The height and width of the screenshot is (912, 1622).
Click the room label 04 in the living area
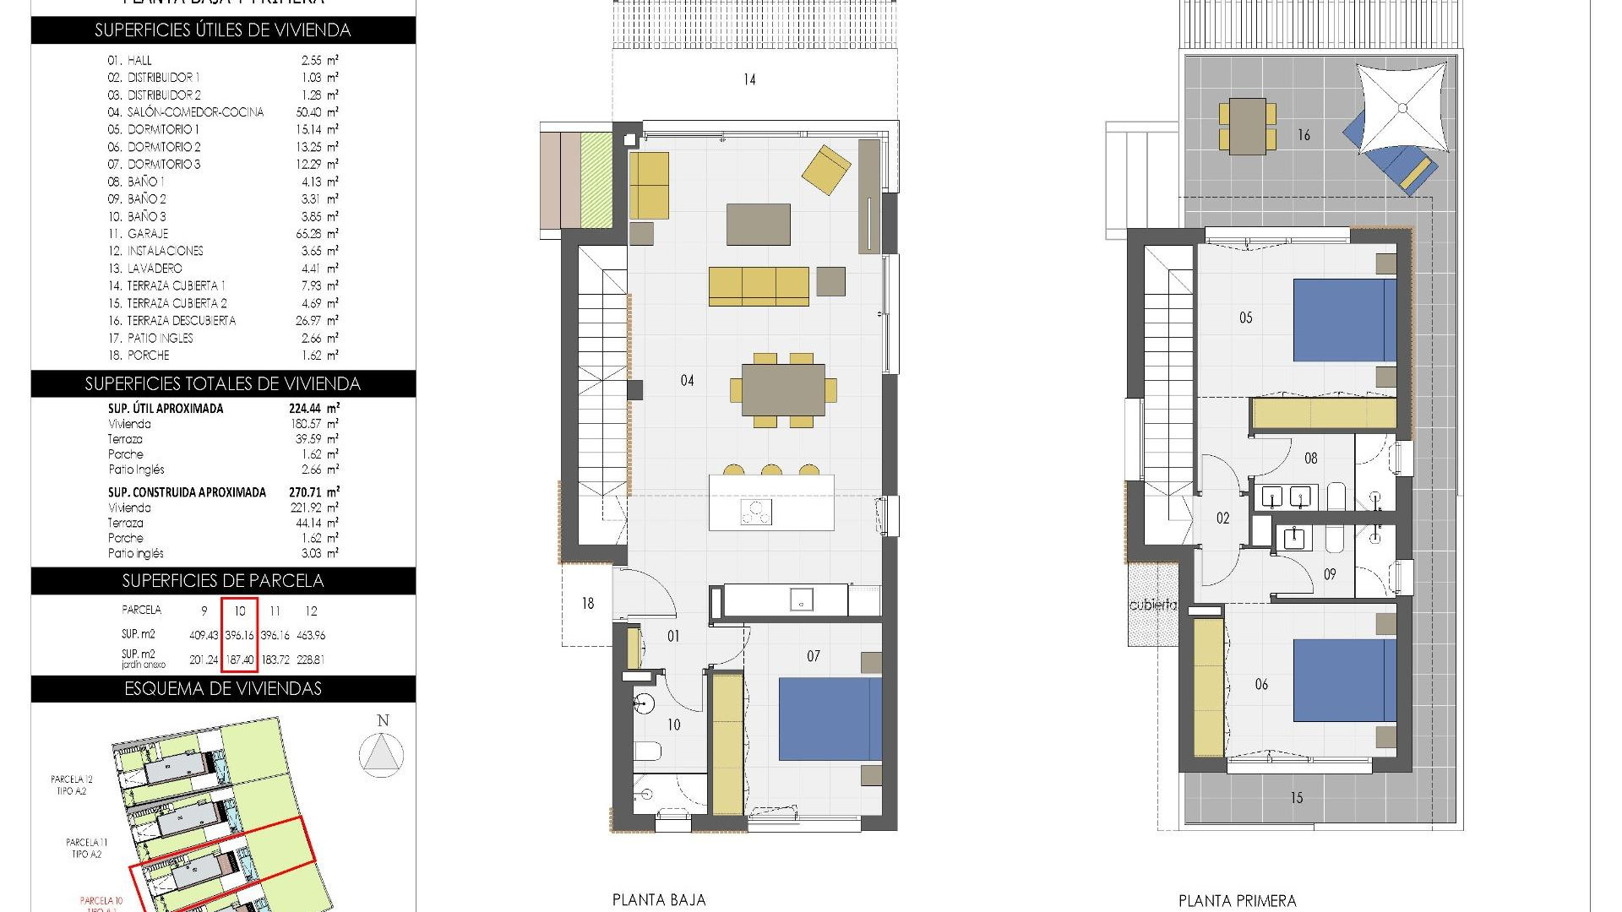[x=687, y=381]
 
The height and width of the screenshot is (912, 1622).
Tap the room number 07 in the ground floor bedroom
[x=813, y=656]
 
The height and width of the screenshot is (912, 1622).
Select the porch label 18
[x=588, y=604]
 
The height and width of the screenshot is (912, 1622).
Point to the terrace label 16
[x=1304, y=135]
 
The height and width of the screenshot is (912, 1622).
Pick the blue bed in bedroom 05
[x=1344, y=322]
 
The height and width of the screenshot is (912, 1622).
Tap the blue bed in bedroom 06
[x=1344, y=680]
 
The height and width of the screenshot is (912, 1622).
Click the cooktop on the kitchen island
[x=756, y=512]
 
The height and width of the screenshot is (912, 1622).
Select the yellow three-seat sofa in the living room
[x=758, y=285]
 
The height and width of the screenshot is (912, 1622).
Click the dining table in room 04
[x=783, y=389]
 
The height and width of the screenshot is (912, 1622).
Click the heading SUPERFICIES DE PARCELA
[x=223, y=581]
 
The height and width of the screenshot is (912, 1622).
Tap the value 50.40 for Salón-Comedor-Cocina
[x=310, y=112]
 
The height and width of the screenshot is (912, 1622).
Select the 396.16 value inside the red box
[x=240, y=635]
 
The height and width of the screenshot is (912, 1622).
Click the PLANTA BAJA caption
[x=658, y=900]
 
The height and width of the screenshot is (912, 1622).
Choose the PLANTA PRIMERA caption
[x=1237, y=901]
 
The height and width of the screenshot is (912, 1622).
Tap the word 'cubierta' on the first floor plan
[x=1152, y=605]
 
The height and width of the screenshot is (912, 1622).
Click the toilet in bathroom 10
[x=647, y=750]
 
